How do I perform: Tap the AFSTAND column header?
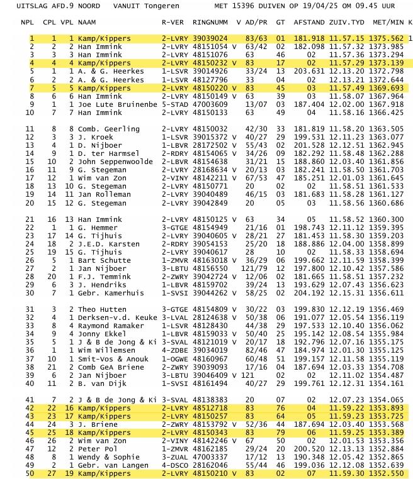(x=308, y=22)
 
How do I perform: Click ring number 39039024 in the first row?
(x=210, y=39)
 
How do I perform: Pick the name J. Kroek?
(x=95, y=137)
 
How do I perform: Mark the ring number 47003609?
(x=210, y=104)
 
